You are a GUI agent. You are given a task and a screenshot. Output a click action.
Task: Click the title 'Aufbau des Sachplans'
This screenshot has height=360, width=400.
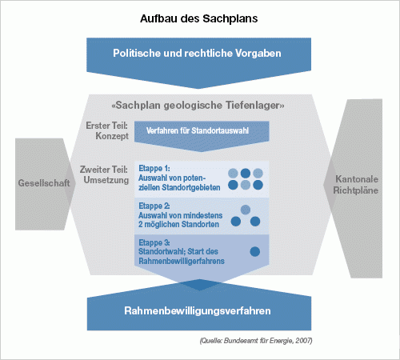199,18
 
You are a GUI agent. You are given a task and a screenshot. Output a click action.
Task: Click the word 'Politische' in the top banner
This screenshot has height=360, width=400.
137,53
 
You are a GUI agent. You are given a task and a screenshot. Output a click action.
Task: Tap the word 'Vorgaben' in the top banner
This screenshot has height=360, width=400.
258,54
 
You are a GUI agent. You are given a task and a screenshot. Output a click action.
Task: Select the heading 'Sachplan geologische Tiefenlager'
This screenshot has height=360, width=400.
198,106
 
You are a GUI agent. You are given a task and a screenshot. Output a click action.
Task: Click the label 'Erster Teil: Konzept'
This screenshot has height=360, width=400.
107,130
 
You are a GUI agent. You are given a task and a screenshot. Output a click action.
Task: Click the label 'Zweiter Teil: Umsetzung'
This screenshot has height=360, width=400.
104,174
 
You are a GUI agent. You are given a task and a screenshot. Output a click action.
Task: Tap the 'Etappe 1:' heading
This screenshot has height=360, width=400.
154,169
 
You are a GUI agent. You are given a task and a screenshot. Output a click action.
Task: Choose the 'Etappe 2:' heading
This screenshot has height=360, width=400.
154,206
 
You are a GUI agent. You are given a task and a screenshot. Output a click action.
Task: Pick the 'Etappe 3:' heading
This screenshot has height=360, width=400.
154,242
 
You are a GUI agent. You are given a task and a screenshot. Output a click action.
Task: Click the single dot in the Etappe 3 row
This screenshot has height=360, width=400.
255,251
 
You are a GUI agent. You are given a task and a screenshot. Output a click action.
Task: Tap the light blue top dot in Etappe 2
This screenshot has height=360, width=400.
246,210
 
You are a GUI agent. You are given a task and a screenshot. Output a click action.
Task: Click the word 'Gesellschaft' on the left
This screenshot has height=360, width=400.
44,183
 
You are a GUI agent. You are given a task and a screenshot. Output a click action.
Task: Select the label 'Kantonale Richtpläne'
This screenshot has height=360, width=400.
356,185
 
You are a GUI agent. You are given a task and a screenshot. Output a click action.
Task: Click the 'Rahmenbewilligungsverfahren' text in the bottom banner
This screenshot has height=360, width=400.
198,311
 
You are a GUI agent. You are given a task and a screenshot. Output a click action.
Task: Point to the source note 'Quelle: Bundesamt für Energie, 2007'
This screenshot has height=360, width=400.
256,341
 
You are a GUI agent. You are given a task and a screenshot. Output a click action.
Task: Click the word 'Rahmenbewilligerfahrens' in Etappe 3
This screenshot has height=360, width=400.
182,261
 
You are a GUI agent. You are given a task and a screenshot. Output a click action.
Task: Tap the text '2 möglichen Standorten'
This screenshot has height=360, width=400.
178,225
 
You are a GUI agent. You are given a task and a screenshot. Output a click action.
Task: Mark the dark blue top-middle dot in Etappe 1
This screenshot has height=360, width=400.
246,173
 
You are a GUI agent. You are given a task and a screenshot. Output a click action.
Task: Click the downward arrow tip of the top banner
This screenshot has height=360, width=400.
198,89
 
